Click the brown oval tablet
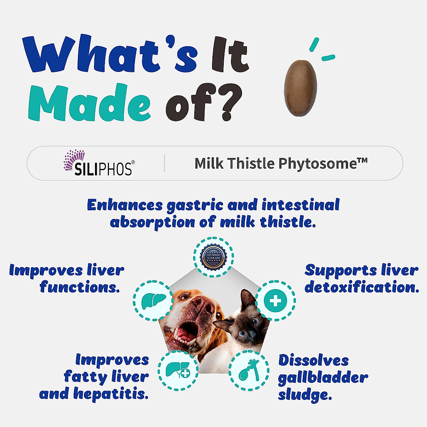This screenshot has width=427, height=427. coord(300,88)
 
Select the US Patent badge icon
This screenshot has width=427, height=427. coord(213,257)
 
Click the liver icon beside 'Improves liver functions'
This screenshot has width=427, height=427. coord(153,301)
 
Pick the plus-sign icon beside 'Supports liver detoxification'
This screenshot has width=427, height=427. coord(275,301)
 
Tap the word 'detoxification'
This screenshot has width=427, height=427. coord(362,287)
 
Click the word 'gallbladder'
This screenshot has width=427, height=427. coord(323,378)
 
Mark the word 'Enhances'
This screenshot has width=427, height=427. coord(125,205)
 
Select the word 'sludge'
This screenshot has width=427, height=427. coord(304,395)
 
